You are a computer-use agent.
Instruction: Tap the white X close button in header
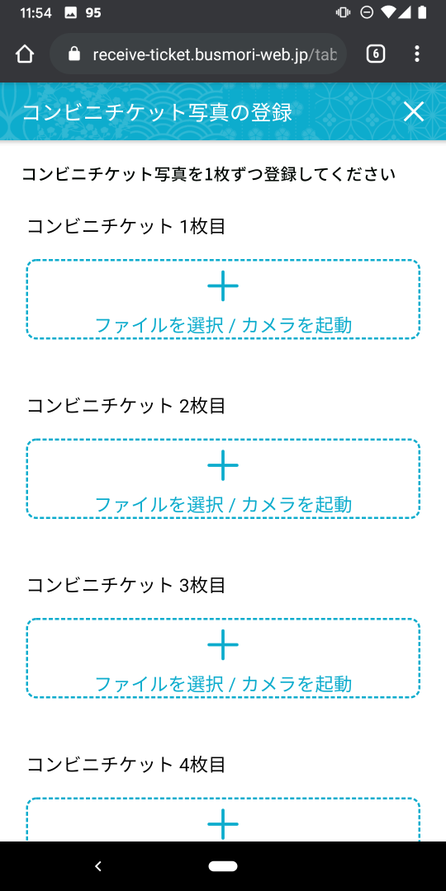[x=414, y=112]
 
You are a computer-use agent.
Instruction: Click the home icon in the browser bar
[x=25, y=54]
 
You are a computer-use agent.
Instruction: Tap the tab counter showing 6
[x=376, y=54]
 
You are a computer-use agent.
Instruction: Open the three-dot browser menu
[x=417, y=54]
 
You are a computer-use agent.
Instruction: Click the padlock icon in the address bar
[x=74, y=54]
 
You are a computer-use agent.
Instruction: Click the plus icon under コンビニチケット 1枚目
[x=223, y=285]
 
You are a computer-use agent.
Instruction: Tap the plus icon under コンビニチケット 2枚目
[x=223, y=465]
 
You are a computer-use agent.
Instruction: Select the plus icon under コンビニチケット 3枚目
[x=223, y=644]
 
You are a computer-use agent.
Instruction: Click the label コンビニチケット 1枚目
[x=126, y=226]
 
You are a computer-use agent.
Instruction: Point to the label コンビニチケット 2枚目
[x=126, y=406]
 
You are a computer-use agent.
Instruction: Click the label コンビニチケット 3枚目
[x=126, y=585]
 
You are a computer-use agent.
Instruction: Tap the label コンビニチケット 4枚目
[x=126, y=764]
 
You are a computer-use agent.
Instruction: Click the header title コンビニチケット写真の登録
[x=157, y=112]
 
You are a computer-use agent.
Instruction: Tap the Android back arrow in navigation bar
[x=97, y=865]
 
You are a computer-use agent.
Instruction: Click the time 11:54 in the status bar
[x=36, y=12]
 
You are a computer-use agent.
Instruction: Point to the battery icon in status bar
[x=421, y=12]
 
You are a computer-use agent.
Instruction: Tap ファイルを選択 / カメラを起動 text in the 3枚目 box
[x=223, y=684]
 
